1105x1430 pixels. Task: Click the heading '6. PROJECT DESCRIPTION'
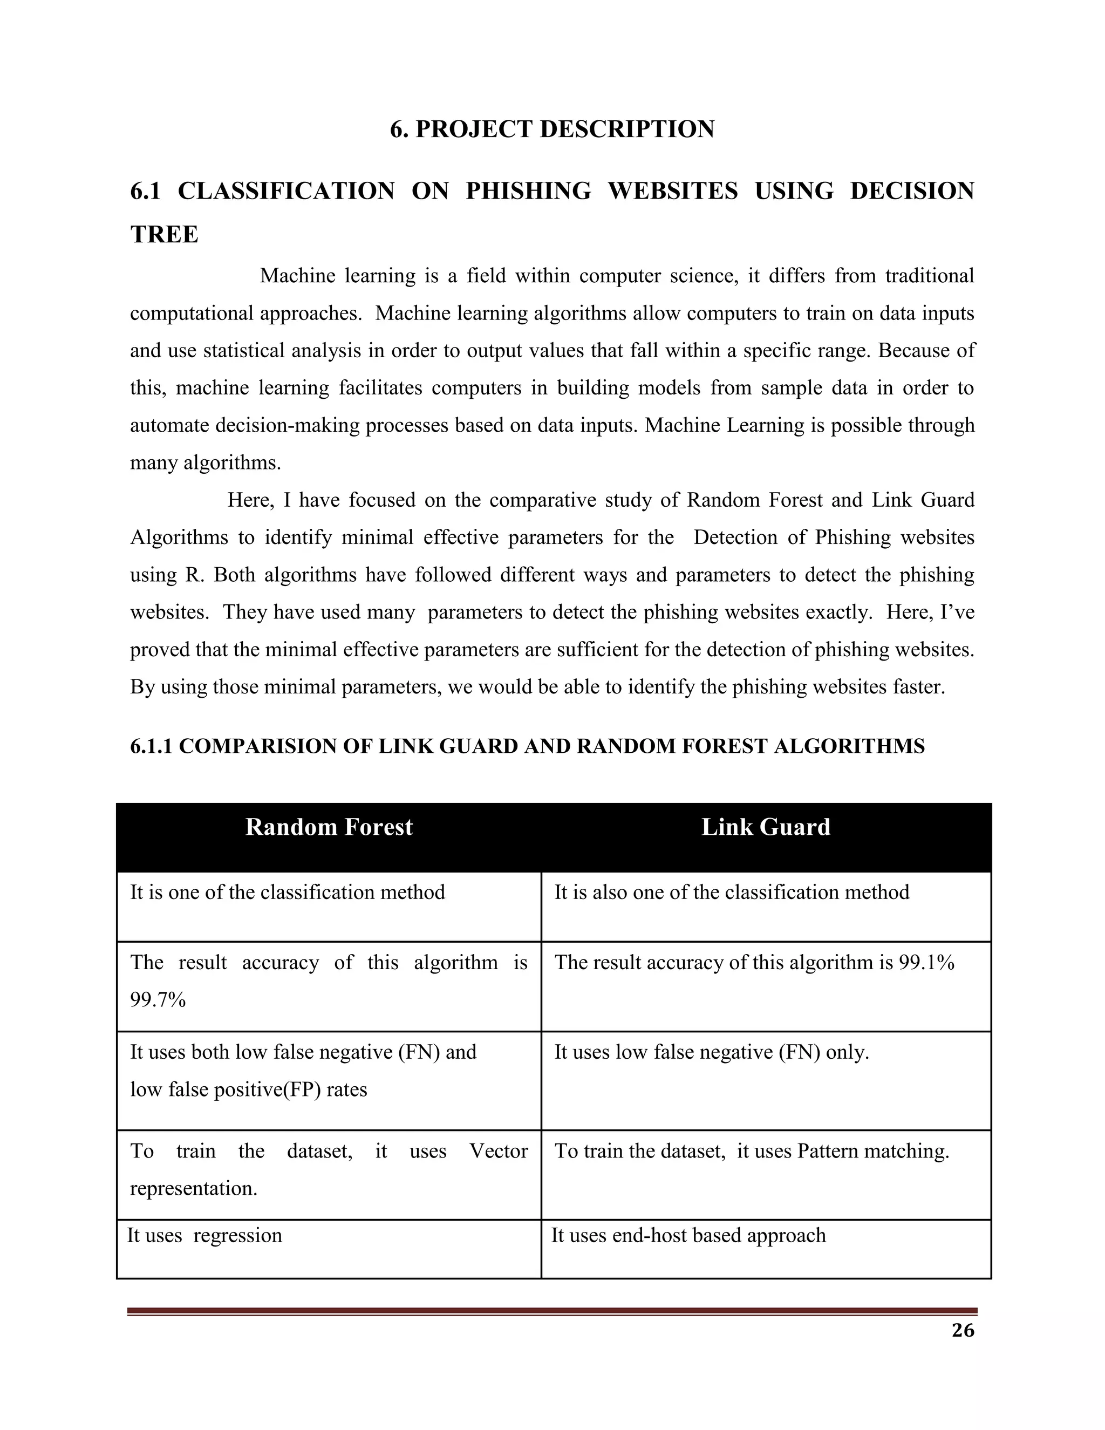pos(552,129)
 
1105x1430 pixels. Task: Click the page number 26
pos(963,1331)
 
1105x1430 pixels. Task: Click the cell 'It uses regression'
pos(204,1236)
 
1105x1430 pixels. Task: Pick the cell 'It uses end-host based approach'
pos(688,1236)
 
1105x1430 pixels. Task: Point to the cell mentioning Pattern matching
pos(752,1151)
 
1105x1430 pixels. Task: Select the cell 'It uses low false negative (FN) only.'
pos(712,1052)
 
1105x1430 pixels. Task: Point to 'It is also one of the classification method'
pos(731,893)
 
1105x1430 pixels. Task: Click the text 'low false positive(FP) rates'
pos(249,1089)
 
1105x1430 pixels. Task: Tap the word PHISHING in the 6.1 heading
pos(528,191)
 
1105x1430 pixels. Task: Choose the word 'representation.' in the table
pos(194,1188)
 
